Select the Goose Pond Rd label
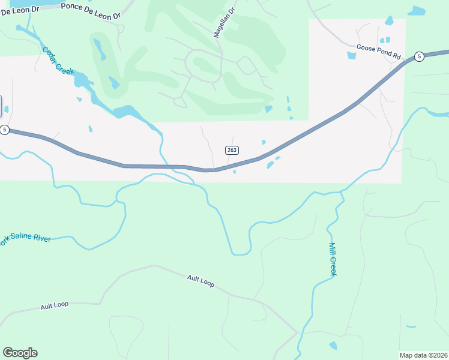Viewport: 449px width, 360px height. click(378, 50)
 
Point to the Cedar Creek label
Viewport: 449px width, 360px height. click(58, 61)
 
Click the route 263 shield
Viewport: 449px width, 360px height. click(232, 149)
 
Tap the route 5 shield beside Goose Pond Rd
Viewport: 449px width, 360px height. click(419, 56)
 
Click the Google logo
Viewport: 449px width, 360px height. click(20, 353)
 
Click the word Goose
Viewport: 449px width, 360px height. click(366, 47)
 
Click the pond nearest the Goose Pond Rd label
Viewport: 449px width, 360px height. click(351, 56)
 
